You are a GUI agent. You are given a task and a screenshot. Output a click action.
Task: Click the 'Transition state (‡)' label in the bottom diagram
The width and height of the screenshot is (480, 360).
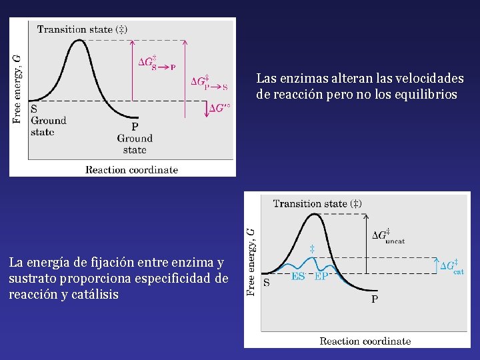(x=317, y=203)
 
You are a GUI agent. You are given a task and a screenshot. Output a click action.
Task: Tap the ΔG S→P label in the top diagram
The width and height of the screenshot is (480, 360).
(x=156, y=63)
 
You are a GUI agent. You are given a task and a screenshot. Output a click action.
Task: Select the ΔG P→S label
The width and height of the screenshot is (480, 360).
(x=209, y=83)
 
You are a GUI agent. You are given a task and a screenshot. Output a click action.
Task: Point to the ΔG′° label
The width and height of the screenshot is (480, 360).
(x=219, y=108)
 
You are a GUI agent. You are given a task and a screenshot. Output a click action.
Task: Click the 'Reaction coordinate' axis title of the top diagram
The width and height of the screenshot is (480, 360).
(x=131, y=169)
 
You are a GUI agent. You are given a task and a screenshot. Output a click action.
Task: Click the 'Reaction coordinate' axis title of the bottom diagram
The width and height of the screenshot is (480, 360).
(x=365, y=341)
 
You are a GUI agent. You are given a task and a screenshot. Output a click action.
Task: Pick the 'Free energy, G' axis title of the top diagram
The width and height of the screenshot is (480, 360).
(x=17, y=88)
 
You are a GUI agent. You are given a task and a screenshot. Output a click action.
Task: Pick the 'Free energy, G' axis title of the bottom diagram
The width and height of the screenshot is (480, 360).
(x=251, y=261)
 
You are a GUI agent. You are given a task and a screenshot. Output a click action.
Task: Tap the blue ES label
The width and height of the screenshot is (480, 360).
(x=298, y=277)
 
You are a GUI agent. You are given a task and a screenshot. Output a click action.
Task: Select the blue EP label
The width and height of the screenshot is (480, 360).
(x=321, y=277)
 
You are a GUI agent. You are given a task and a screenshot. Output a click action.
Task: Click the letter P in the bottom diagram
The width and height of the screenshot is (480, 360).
(x=374, y=299)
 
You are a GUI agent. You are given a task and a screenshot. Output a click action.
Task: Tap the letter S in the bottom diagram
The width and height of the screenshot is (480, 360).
(x=267, y=282)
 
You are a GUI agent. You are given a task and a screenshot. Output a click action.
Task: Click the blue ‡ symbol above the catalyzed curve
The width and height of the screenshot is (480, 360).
(x=311, y=249)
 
